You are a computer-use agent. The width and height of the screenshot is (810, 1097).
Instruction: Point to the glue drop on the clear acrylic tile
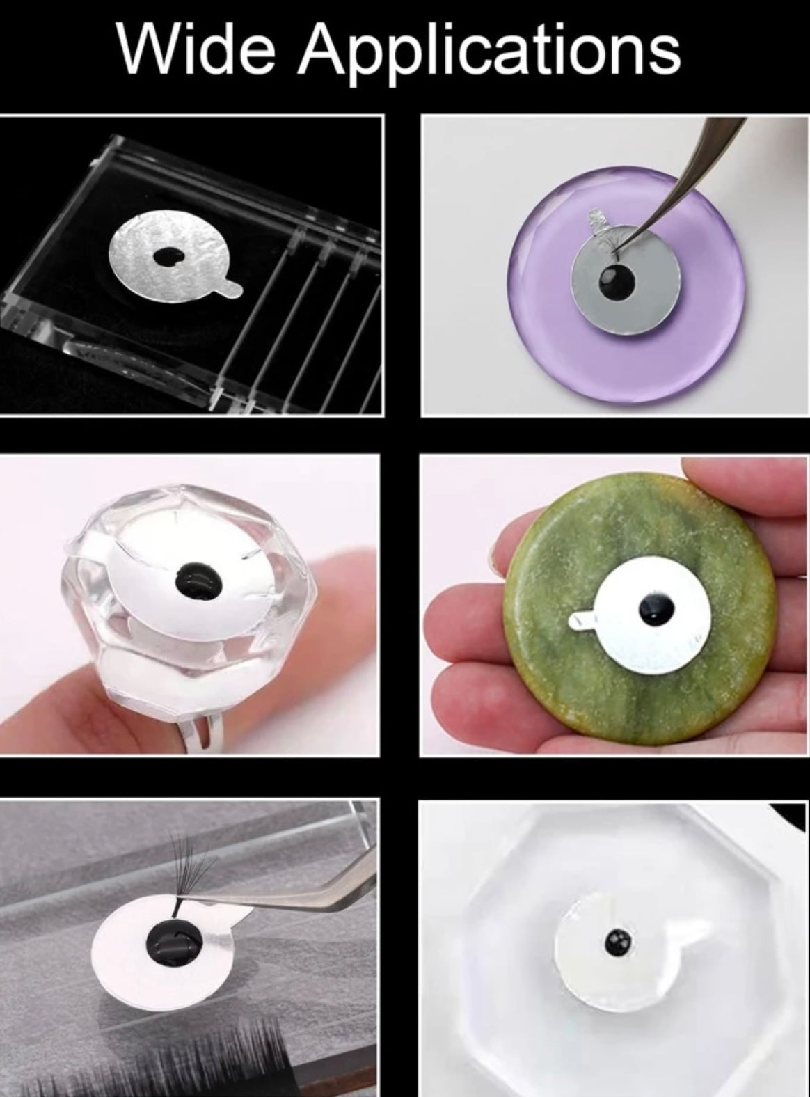coord(168,256)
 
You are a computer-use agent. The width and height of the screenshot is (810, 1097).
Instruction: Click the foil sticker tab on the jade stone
coord(582,620)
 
